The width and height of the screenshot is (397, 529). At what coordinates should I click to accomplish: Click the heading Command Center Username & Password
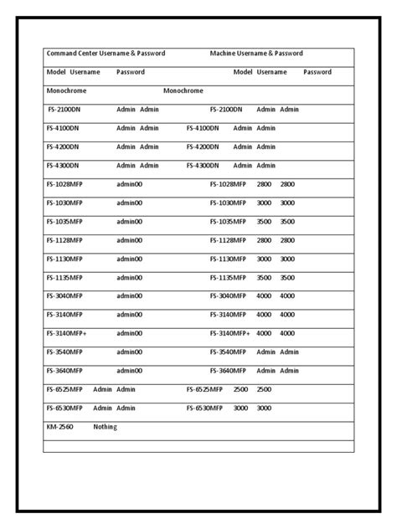106,54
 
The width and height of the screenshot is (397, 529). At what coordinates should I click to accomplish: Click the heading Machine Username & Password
255,54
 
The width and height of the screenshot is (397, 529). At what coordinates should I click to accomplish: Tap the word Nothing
105,427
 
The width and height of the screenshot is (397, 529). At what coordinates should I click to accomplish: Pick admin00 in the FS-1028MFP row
130,184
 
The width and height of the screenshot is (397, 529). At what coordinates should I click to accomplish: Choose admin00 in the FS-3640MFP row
130,371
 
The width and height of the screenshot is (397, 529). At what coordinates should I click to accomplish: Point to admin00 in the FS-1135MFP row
130,278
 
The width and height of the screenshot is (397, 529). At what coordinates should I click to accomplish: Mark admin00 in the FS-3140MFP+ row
130,333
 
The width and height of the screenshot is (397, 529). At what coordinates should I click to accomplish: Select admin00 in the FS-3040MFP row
130,296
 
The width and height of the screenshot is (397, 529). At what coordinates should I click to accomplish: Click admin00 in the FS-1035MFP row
130,222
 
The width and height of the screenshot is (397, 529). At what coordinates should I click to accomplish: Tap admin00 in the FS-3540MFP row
130,352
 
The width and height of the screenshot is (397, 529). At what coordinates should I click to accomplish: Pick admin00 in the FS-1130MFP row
130,259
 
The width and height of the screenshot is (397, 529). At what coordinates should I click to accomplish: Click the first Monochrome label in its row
66,90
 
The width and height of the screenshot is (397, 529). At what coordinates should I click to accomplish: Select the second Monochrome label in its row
183,90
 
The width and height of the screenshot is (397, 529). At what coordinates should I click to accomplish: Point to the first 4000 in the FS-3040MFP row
264,296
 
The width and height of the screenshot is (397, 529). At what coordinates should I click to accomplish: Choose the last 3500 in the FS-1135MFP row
287,278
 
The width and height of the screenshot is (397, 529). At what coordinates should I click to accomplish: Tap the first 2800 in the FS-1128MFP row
264,240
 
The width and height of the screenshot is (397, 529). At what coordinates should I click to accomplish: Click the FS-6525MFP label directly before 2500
204,389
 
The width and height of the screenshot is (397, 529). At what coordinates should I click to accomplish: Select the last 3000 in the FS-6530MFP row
264,408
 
